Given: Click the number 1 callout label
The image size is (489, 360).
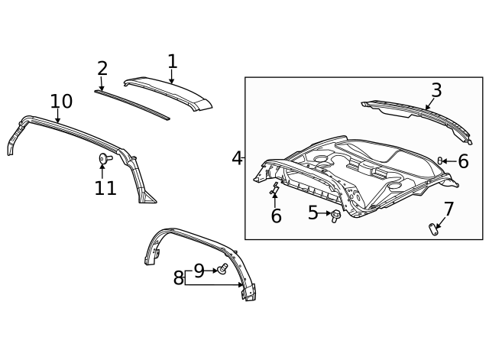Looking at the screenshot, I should [172, 61].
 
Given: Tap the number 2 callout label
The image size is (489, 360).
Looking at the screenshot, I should [102, 69].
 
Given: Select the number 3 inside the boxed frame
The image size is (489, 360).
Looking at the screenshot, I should [436, 90].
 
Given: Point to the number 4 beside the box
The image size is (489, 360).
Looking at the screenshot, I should [237, 158].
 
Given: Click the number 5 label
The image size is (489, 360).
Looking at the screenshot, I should [313, 213].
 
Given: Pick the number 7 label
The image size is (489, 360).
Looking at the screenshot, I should [449, 209].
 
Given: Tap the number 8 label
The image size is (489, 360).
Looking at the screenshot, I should [178, 278].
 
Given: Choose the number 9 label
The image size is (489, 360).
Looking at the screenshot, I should [199, 270].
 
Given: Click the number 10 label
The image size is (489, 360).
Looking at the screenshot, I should [61, 102].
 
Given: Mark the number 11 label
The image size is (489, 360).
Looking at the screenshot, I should [105, 188].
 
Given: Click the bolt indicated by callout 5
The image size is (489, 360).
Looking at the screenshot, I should [335, 215].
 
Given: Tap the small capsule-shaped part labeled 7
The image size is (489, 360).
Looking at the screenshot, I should [434, 227].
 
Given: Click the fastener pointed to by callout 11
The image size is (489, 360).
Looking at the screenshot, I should [104, 158].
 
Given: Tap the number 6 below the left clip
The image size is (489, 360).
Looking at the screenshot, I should [276, 216].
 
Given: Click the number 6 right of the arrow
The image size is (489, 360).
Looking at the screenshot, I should [463, 161].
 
